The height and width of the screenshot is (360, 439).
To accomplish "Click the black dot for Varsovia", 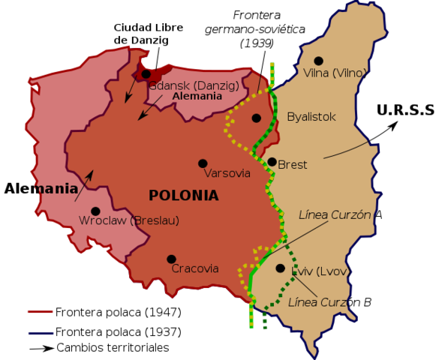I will click(203, 163).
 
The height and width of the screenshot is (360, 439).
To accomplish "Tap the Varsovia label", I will click(227, 173).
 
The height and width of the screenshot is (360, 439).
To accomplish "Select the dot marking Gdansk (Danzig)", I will click(146, 74).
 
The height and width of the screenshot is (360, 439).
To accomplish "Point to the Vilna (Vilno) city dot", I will click(319, 61).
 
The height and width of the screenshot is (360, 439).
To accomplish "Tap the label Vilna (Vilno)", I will click(335, 73).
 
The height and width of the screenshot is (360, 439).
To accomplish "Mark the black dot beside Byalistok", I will click(257, 118).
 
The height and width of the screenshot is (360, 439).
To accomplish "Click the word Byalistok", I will click(311, 117).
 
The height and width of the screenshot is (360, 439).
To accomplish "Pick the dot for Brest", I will click(272, 162).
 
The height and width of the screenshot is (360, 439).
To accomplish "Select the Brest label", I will click(293, 165).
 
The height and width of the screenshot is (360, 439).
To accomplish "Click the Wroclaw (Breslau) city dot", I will click(95, 211).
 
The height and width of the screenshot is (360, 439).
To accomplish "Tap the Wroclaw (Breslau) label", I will click(129, 221).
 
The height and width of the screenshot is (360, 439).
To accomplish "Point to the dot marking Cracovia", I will click(171, 259).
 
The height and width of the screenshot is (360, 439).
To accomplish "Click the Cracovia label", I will click(195, 268).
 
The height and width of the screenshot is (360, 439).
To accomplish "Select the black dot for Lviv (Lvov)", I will click(280, 268).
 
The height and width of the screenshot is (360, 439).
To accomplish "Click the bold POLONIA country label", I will click(184, 196).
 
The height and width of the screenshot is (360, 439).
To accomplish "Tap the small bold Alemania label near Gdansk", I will click(197, 97).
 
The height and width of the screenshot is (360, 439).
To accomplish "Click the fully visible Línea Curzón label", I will click(335, 215).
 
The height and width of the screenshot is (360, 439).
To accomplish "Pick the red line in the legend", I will click(41, 312).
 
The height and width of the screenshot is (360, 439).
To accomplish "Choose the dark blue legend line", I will click(41, 333).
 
